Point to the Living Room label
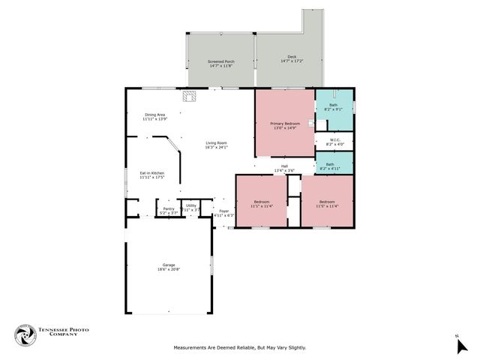216,145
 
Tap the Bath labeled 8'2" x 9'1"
333,107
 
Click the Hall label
284,169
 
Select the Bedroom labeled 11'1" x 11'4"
261,203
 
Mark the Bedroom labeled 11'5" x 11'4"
326,203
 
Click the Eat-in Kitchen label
152,175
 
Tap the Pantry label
168,211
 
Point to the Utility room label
190,208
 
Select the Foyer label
223,214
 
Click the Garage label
169,267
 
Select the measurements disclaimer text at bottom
239,348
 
